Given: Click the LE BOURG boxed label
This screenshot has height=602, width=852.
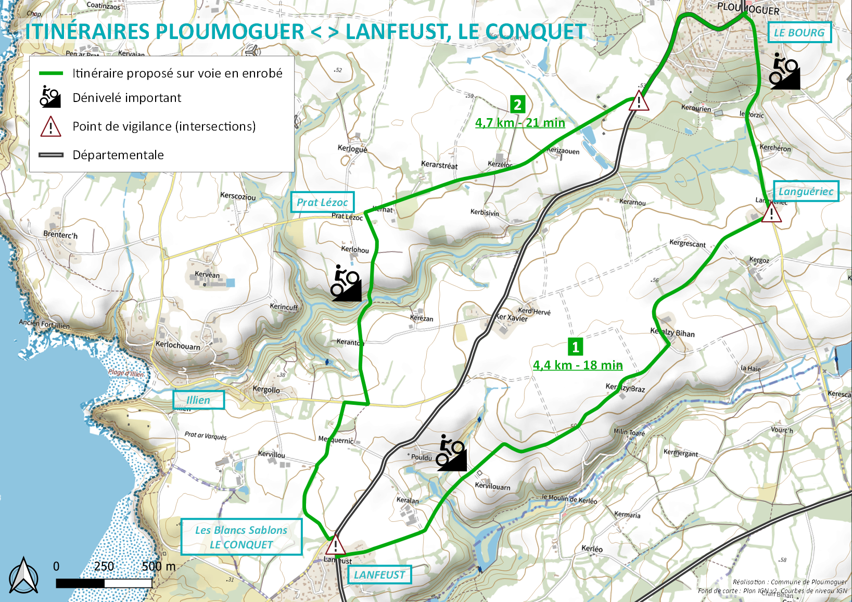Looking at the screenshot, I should pyautogui.click(x=799, y=33).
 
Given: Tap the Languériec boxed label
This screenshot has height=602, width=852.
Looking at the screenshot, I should pyautogui.click(x=806, y=191).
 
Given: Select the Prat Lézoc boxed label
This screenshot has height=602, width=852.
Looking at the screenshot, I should pyautogui.click(x=322, y=202).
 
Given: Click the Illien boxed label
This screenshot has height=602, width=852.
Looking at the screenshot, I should pyautogui.click(x=198, y=400).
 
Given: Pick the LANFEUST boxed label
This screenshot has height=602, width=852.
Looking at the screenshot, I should pyautogui.click(x=379, y=575).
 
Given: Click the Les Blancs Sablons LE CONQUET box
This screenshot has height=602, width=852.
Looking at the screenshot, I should pyautogui.click(x=241, y=537).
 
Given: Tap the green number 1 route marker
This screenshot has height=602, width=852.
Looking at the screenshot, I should pyautogui.click(x=575, y=347).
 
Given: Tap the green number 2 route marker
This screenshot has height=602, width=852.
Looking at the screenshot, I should pyautogui.click(x=517, y=105).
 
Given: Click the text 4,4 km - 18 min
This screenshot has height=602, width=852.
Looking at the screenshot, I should pyautogui.click(x=578, y=365).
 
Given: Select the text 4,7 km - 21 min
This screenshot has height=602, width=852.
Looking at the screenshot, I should pyautogui.click(x=520, y=123).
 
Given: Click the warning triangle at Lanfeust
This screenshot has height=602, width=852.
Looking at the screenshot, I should pyautogui.click(x=336, y=545).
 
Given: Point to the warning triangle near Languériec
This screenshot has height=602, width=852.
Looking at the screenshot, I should pyautogui.click(x=771, y=213).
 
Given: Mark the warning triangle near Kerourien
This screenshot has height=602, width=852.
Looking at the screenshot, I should pyautogui.click(x=639, y=101).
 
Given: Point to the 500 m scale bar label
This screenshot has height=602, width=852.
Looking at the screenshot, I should pyautogui.click(x=158, y=566).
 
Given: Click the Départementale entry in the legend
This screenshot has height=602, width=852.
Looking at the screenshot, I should pyautogui.click(x=118, y=155).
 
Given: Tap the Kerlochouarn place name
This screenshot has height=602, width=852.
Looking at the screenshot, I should pyautogui.click(x=177, y=345).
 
